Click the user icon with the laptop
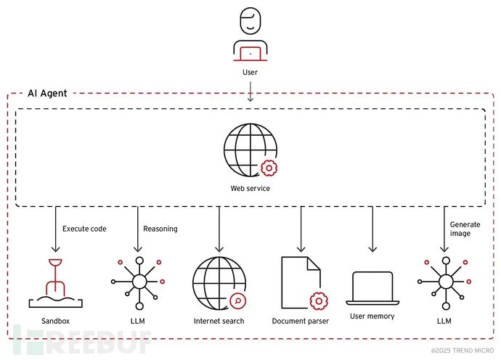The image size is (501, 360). pos(249,36)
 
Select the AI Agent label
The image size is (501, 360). pos(48,93)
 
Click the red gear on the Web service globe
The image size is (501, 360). pos(269,168)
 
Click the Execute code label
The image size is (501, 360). pos(84,229)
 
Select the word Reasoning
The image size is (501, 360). pos(160,229)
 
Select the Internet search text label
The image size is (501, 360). pos(219,321)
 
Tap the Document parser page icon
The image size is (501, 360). pos(300,283)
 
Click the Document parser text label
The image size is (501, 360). pos(300,321)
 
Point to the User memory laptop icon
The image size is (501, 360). pos(372,288)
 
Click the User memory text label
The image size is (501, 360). pos(372,316)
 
